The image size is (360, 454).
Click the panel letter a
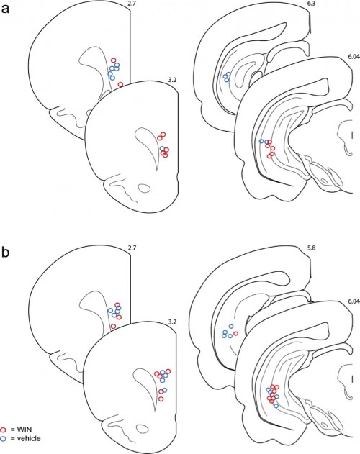[x=6, y=9]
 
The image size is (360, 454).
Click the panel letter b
[x=6, y=252]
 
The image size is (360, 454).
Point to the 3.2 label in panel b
[x=172, y=322]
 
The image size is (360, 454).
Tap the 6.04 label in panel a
[x=354, y=57]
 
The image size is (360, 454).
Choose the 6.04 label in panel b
[x=354, y=301]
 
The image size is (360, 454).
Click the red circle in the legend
[x=4, y=430]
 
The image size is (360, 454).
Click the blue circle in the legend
[x=4, y=439]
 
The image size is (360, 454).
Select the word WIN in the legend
[x=24, y=430]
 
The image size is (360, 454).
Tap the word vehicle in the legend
[x=29, y=439]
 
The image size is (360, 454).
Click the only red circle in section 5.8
[x=235, y=333]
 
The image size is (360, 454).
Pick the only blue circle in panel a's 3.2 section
[x=162, y=148]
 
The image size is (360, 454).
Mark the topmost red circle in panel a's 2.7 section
[x=114, y=60]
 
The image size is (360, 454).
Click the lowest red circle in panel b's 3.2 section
[x=161, y=399]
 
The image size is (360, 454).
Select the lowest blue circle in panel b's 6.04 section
[x=276, y=406]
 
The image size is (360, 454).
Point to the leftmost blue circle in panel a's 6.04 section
[x=261, y=141]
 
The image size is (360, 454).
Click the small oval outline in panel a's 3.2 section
[x=144, y=188]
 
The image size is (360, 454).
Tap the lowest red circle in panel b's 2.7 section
[x=113, y=327]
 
